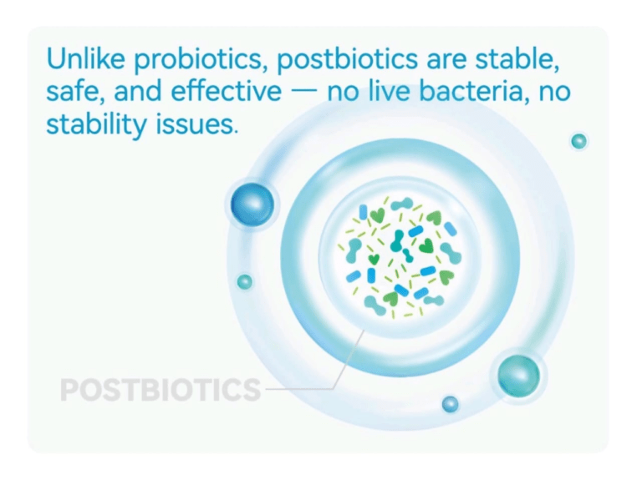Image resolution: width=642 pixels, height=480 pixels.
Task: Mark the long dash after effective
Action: [x=305, y=93]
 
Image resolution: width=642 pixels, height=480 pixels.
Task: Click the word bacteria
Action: [x=483, y=91]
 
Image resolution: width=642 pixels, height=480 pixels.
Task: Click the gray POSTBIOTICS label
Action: [x=160, y=389]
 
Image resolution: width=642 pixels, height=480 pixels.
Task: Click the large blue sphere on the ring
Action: [x=252, y=203]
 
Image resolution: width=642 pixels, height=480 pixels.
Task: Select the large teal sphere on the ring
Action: [x=518, y=376]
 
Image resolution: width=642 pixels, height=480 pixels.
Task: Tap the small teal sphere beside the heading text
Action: [x=578, y=141]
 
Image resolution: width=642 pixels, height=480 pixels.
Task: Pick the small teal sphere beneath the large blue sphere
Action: [x=244, y=282]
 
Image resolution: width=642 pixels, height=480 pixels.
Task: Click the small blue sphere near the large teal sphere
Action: [x=451, y=404]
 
